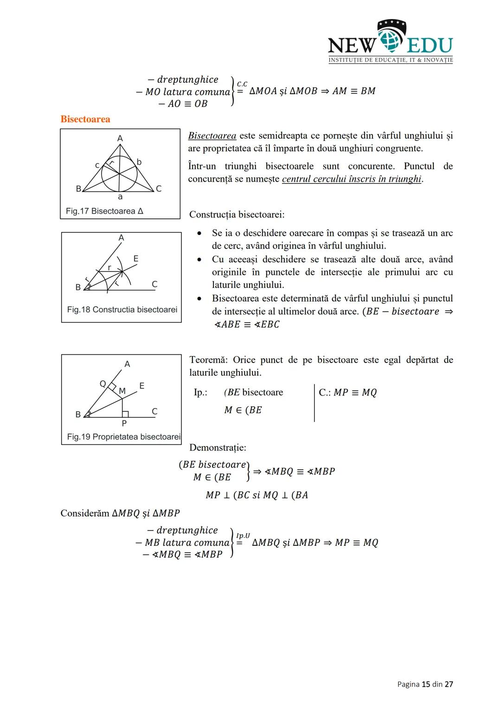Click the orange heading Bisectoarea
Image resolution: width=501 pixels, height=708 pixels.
pyautogui.click(x=85, y=119)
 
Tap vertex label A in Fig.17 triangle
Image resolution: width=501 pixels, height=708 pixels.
pyautogui.click(x=120, y=138)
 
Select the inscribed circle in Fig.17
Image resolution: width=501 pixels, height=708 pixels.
pyautogui.click(x=119, y=173)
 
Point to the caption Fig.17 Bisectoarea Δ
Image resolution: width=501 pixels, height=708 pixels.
pyautogui.click(x=104, y=211)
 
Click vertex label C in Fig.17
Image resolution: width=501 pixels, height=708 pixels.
pyautogui.click(x=159, y=189)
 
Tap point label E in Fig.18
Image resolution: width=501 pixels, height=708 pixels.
pyautogui.click(x=135, y=258)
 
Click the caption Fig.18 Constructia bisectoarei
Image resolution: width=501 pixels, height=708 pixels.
pyautogui.click(x=122, y=309)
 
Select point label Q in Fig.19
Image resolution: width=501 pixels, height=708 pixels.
pyautogui.click(x=103, y=383)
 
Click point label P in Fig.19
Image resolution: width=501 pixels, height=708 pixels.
pyautogui.click(x=124, y=423)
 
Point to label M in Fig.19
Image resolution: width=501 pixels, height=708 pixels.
pyautogui.click(x=122, y=391)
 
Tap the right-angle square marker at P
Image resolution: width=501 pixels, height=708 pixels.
pyautogui.click(x=125, y=414)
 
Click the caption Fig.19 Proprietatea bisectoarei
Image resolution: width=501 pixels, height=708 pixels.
pyautogui.click(x=123, y=437)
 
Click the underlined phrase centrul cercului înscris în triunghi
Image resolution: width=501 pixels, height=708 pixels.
pyautogui.click(x=352, y=179)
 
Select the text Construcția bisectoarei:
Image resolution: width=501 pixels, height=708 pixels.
pyautogui.click(x=237, y=215)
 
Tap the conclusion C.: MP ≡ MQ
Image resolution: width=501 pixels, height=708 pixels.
pyautogui.click(x=347, y=393)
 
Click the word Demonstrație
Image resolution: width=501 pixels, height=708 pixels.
pyautogui.click(x=218, y=448)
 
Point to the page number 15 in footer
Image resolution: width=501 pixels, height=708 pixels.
pyautogui.click(x=425, y=684)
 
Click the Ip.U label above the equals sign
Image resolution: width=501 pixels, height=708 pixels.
pyautogui.click(x=243, y=536)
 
